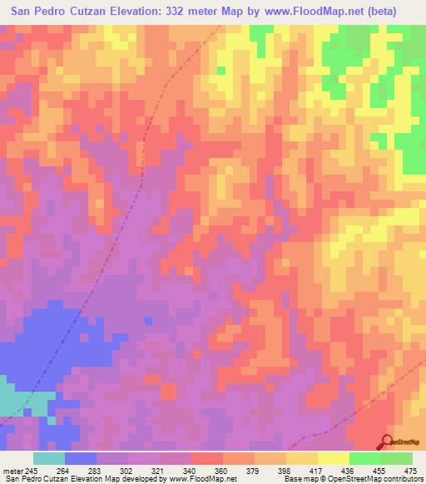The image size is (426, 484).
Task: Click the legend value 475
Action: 409,472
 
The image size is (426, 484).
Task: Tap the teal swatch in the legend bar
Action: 49,458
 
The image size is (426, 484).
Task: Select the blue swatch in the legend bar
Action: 81,458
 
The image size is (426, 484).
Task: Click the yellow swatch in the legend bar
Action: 334,458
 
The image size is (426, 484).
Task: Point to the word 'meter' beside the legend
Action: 14,472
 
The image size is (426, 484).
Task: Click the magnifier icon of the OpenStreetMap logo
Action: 386,442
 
